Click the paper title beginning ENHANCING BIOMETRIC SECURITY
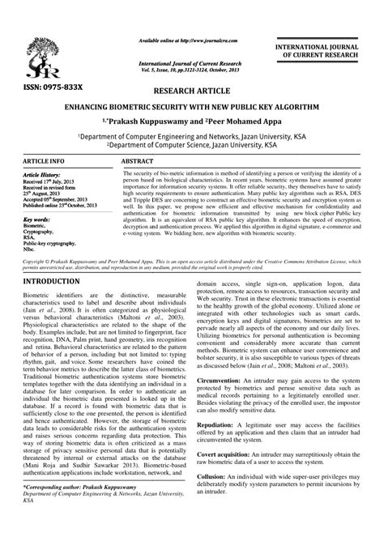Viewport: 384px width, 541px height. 191,107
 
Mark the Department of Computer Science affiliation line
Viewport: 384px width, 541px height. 191,145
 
